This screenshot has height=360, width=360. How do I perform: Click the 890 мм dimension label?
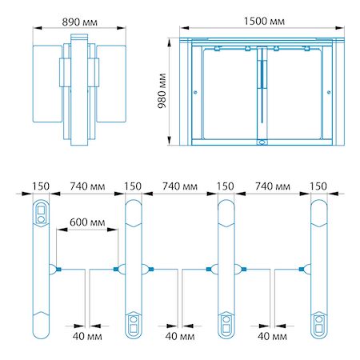(79, 22)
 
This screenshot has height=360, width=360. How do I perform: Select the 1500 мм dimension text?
(264, 22)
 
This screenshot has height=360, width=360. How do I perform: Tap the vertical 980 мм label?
(162, 90)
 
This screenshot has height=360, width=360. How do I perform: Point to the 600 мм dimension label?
(87, 222)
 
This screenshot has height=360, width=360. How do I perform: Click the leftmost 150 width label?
(41, 186)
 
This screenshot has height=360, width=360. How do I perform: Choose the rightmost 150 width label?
(318, 186)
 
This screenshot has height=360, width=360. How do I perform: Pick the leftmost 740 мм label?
(87, 186)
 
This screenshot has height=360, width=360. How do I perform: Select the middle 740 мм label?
(180, 186)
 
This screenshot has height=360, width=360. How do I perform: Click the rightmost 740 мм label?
(273, 186)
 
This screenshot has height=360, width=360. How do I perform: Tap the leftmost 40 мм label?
(87, 336)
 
